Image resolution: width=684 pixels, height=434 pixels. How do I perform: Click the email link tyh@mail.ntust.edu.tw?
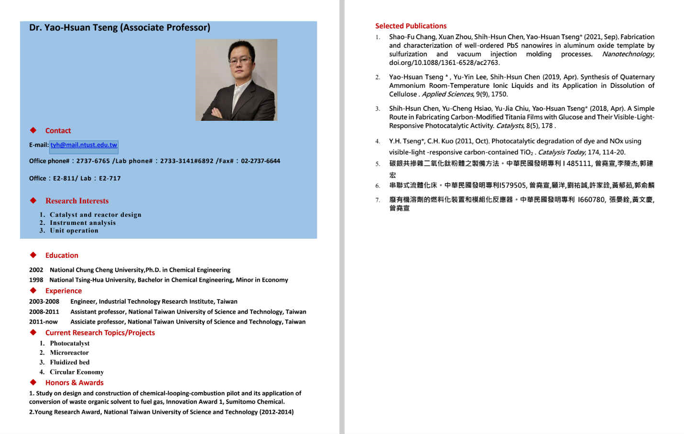click(x=84, y=145)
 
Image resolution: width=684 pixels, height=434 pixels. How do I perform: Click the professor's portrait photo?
click(x=236, y=80)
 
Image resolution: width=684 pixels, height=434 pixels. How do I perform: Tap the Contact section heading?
click(x=58, y=131)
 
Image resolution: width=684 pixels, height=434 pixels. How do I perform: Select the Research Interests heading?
click(x=76, y=201)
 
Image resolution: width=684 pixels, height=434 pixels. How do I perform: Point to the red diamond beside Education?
click(x=33, y=255)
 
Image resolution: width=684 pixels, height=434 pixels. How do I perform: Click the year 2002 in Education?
click(x=36, y=270)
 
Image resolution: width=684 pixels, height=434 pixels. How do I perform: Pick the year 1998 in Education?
click(x=36, y=280)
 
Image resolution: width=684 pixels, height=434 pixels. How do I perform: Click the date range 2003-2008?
click(x=44, y=302)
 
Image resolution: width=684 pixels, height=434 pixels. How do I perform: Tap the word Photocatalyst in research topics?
click(x=69, y=343)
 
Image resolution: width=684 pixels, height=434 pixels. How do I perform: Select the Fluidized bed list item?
click(x=69, y=362)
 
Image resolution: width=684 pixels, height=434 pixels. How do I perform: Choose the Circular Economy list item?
click(x=76, y=372)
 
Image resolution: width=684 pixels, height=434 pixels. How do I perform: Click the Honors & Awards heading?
click(x=74, y=383)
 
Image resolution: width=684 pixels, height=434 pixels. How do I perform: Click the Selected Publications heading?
click(x=411, y=26)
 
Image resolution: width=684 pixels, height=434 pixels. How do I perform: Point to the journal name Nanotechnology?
click(x=628, y=54)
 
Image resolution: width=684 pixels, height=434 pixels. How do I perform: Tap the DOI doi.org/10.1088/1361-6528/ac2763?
click(x=444, y=63)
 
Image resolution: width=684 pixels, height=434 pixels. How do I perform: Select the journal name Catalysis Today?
click(x=561, y=152)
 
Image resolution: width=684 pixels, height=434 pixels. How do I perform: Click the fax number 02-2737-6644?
click(x=261, y=161)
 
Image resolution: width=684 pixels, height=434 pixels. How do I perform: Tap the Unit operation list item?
click(x=74, y=231)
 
